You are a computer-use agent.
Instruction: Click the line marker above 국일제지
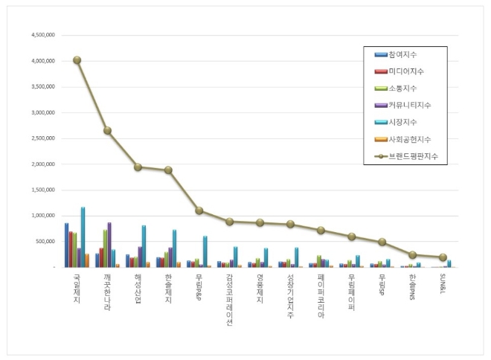pyautogui.click(x=77, y=60)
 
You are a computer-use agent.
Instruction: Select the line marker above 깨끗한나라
pyautogui.click(x=108, y=131)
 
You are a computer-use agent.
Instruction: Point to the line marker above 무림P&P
pyautogui.click(x=199, y=210)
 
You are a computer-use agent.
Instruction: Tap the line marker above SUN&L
pyautogui.click(x=443, y=257)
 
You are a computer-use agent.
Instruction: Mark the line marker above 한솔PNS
pyautogui.click(x=413, y=254)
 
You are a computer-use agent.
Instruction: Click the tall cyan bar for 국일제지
pyautogui.click(x=83, y=237)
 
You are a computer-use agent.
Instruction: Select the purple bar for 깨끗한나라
pyautogui.click(x=109, y=244)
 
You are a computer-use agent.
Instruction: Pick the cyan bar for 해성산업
pyautogui.click(x=144, y=245)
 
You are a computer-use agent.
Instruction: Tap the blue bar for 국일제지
pyautogui.click(x=66, y=245)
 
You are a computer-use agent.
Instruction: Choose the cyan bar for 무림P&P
pyautogui.click(x=205, y=251)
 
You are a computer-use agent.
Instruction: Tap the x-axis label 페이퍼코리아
pyautogui.click(x=321, y=295)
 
